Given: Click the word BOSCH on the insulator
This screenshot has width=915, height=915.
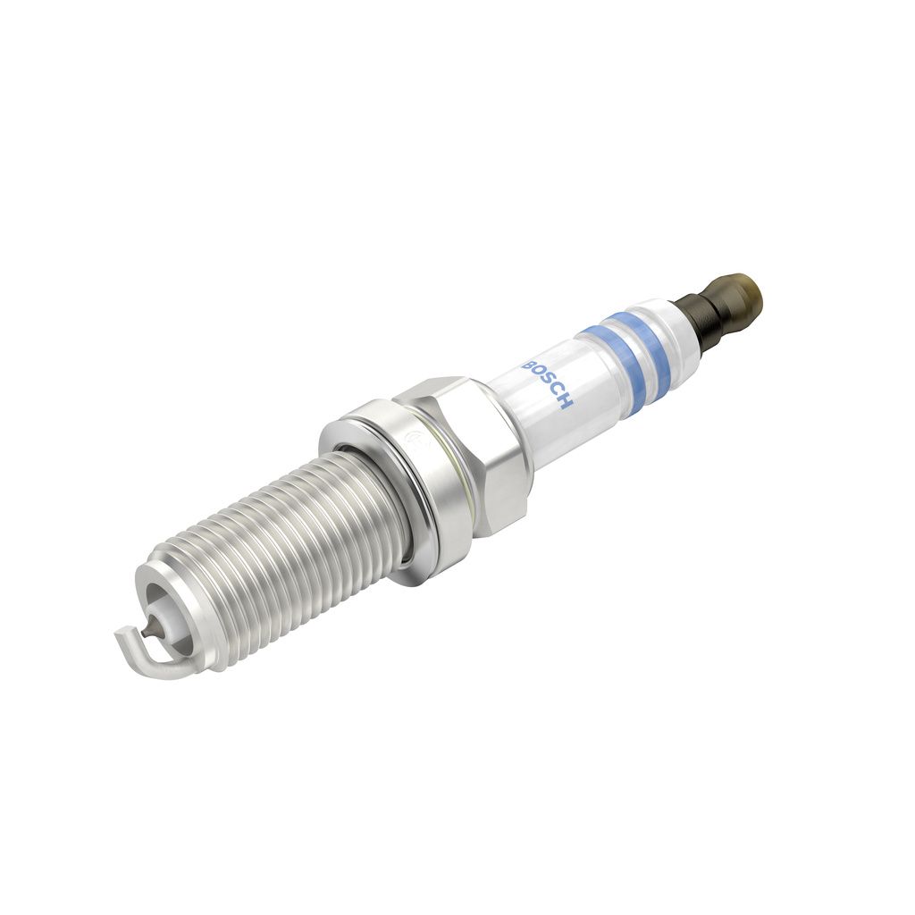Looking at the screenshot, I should pyautogui.click(x=547, y=386).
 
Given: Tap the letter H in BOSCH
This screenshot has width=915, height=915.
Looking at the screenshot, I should pyautogui.click(x=567, y=405).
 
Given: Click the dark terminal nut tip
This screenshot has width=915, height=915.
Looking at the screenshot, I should pyautogui.click(x=739, y=296).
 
